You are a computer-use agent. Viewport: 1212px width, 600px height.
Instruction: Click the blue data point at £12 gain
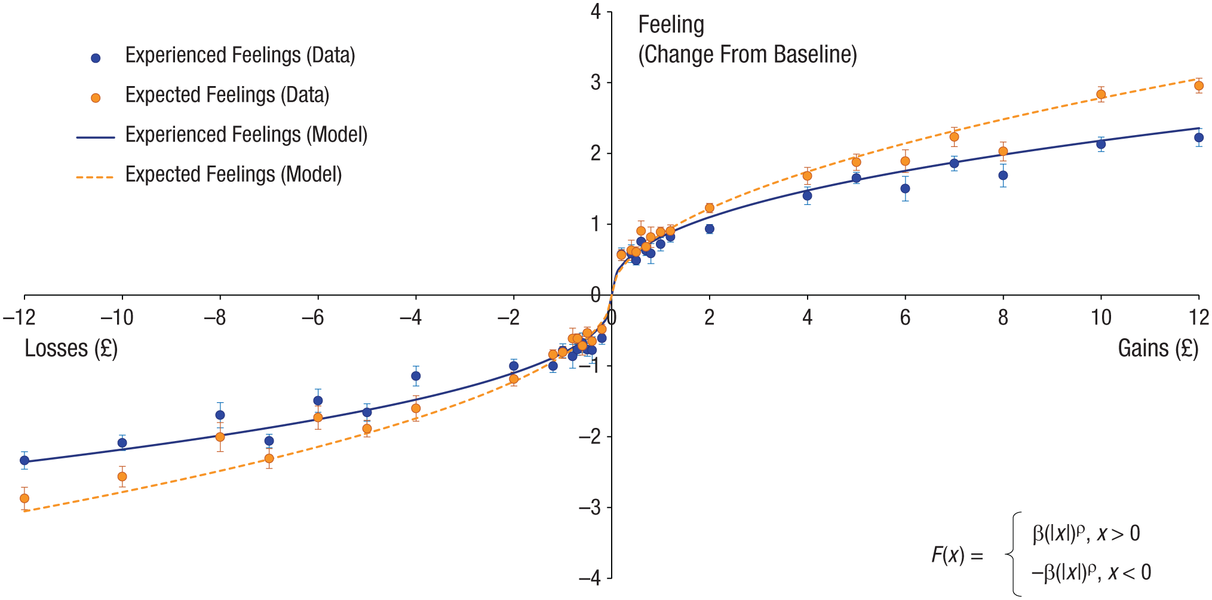point(1198,137)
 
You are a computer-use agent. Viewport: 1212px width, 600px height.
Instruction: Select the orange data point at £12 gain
point(1198,86)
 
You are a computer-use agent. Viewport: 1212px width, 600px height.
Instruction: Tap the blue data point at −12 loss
point(24,460)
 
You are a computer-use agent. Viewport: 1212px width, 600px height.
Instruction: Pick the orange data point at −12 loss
point(24,498)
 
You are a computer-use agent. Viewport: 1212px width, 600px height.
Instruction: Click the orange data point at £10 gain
point(1101,94)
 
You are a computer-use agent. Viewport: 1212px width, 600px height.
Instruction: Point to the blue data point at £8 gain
point(1003,176)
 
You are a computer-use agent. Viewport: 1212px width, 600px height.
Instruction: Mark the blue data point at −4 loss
point(416,376)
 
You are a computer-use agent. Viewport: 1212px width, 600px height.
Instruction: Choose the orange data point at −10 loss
point(122,476)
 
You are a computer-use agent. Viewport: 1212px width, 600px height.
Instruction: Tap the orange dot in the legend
point(96,98)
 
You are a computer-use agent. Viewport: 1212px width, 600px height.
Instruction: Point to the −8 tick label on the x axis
point(215,317)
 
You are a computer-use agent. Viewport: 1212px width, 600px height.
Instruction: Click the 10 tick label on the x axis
point(1101,317)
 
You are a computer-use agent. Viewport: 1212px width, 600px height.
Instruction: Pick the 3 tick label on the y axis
point(596,82)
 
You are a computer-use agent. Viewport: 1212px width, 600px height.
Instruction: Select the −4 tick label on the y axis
point(590,578)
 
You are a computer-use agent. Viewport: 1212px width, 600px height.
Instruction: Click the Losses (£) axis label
point(71,348)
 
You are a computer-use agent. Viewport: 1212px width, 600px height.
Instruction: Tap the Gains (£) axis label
point(1158,348)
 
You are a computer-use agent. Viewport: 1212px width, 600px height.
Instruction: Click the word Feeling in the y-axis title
point(671,25)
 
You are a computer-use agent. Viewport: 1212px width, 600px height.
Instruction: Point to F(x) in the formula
point(948,555)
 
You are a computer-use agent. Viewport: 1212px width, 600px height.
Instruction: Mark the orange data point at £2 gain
point(710,208)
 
